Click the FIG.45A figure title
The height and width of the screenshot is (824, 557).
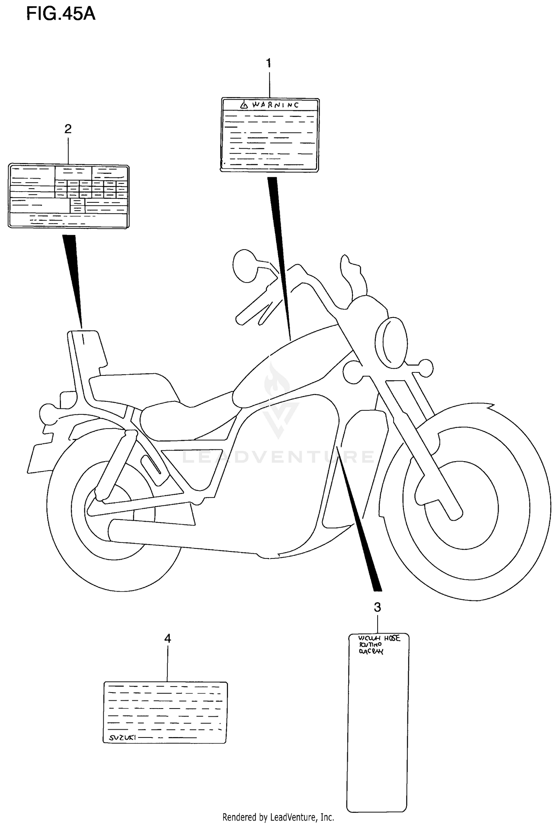(x=61, y=14)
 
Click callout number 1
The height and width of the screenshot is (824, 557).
(x=268, y=63)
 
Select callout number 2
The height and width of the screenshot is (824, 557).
(x=68, y=129)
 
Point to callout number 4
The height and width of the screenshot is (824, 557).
(x=167, y=639)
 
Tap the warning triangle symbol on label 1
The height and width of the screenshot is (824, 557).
(x=243, y=105)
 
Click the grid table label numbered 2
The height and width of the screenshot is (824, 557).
(x=69, y=196)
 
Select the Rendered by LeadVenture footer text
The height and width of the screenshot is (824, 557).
(x=278, y=817)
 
